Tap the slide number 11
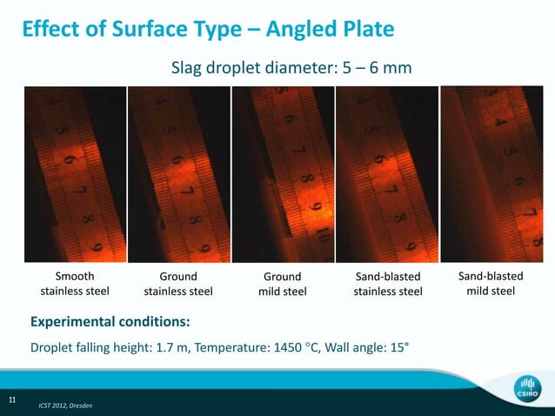12,399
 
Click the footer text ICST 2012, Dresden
65,406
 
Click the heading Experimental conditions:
110,321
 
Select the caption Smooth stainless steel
74,284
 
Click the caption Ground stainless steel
178,284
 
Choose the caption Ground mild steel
282,284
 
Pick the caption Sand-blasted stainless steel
387,284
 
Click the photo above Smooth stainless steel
75,174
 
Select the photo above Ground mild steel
282,174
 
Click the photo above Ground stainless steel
178,174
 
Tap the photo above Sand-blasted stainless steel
386,174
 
